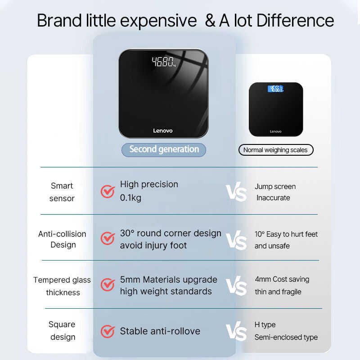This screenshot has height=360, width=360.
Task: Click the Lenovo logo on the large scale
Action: coord(163,131)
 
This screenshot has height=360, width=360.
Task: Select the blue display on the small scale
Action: coord(275,89)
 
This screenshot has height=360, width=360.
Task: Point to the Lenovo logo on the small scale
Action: coord(275,131)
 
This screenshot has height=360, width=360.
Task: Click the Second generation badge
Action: coord(164,149)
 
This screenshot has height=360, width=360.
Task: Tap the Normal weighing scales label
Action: coord(275,150)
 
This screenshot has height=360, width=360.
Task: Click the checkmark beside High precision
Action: coord(108,191)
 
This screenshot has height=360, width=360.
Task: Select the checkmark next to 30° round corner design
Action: coord(108,238)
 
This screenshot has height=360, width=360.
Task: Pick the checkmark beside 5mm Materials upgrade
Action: coord(108,284)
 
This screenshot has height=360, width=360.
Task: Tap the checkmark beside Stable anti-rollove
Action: coord(108,331)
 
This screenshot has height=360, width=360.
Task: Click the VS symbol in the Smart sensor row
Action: coord(236,192)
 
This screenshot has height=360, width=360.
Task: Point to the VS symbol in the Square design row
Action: coord(236,332)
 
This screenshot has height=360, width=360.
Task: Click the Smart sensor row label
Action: coord(62,192)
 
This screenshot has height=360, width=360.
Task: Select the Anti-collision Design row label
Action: coord(62,239)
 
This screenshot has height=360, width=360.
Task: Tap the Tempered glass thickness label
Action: coord(62,286)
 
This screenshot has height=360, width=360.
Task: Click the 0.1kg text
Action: coord(130,198)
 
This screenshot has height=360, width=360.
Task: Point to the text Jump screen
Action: coord(275,186)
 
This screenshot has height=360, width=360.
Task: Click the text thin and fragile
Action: coord(278,292)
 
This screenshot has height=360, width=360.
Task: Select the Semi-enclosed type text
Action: coord(286,337)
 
